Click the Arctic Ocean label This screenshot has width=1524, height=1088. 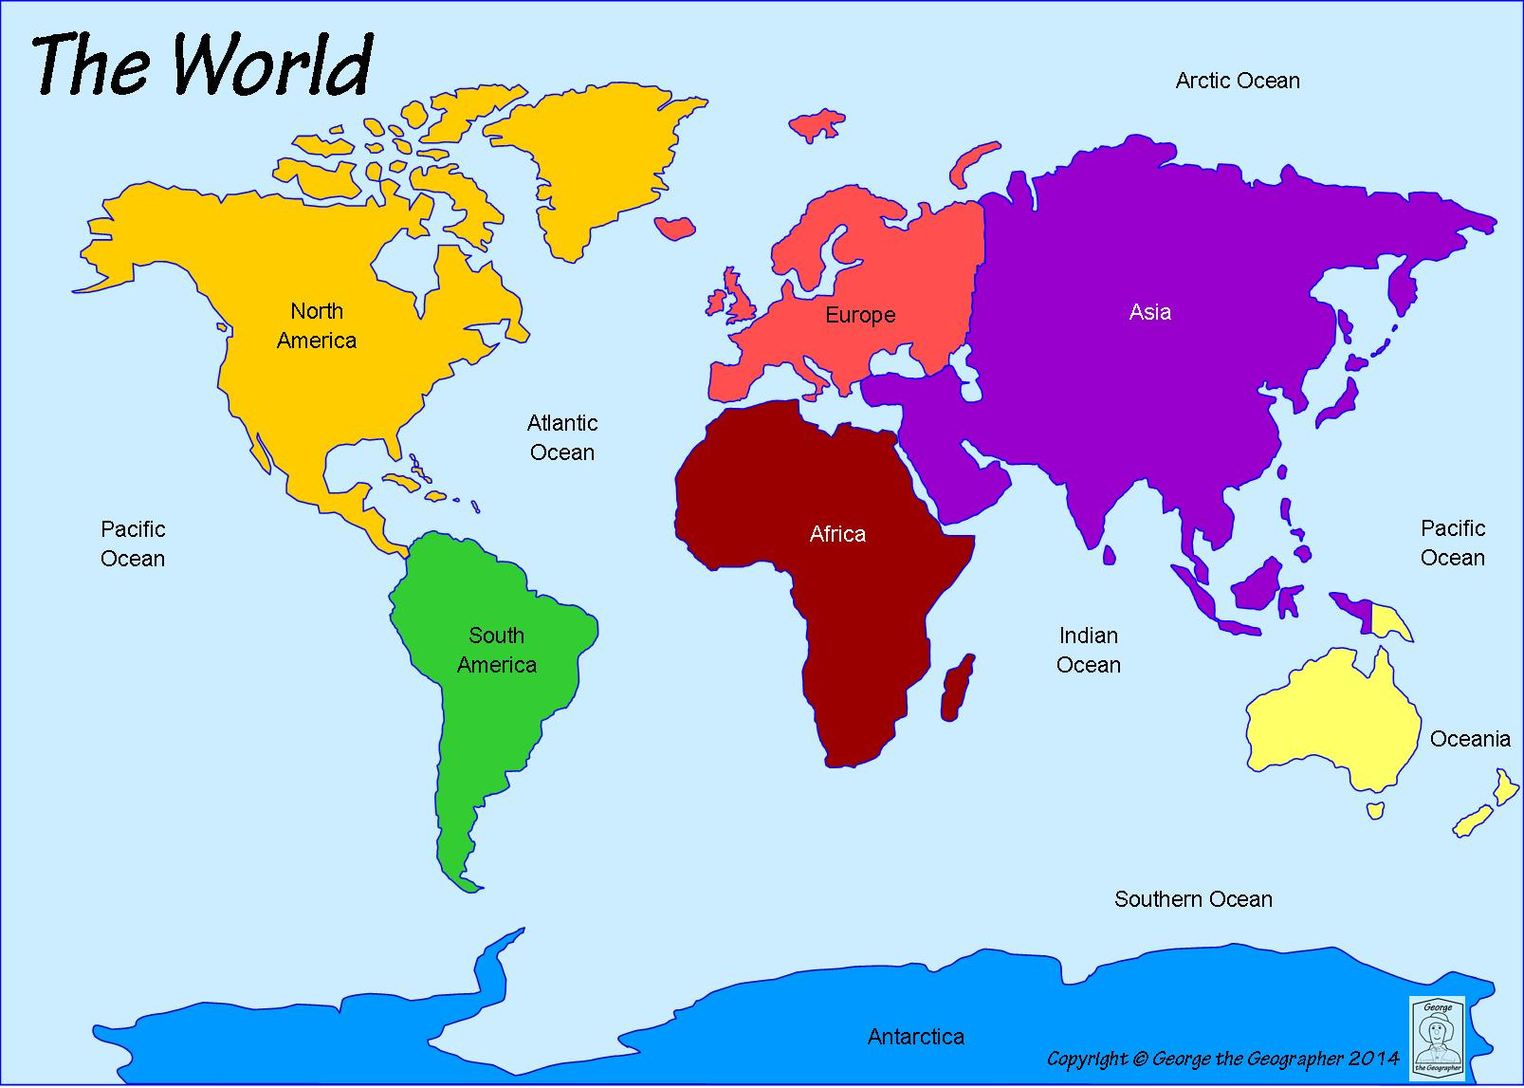pyautogui.click(x=1237, y=81)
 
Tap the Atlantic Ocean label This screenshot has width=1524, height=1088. pyautogui.click(x=562, y=437)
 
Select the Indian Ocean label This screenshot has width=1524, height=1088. pyautogui.click(x=1088, y=650)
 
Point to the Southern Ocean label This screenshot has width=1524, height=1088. pyautogui.click(x=1193, y=898)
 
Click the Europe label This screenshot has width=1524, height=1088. pyautogui.click(x=859, y=315)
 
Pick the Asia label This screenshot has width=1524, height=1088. pyautogui.click(x=1149, y=312)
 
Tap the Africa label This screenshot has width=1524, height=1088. pyautogui.click(x=837, y=534)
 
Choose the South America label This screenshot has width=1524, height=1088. pyautogui.click(x=497, y=650)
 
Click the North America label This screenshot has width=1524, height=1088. pyautogui.click(x=317, y=325)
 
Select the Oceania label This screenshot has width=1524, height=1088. pyautogui.click(x=1469, y=739)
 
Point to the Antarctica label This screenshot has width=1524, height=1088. pyautogui.click(x=915, y=1037)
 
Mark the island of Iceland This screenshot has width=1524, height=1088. pyautogui.click(x=676, y=226)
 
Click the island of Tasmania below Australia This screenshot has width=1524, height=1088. pyautogui.click(x=1375, y=810)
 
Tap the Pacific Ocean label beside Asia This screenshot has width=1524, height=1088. pyautogui.click(x=1452, y=543)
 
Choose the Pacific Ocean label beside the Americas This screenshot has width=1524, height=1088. pyautogui.click(x=133, y=544)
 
